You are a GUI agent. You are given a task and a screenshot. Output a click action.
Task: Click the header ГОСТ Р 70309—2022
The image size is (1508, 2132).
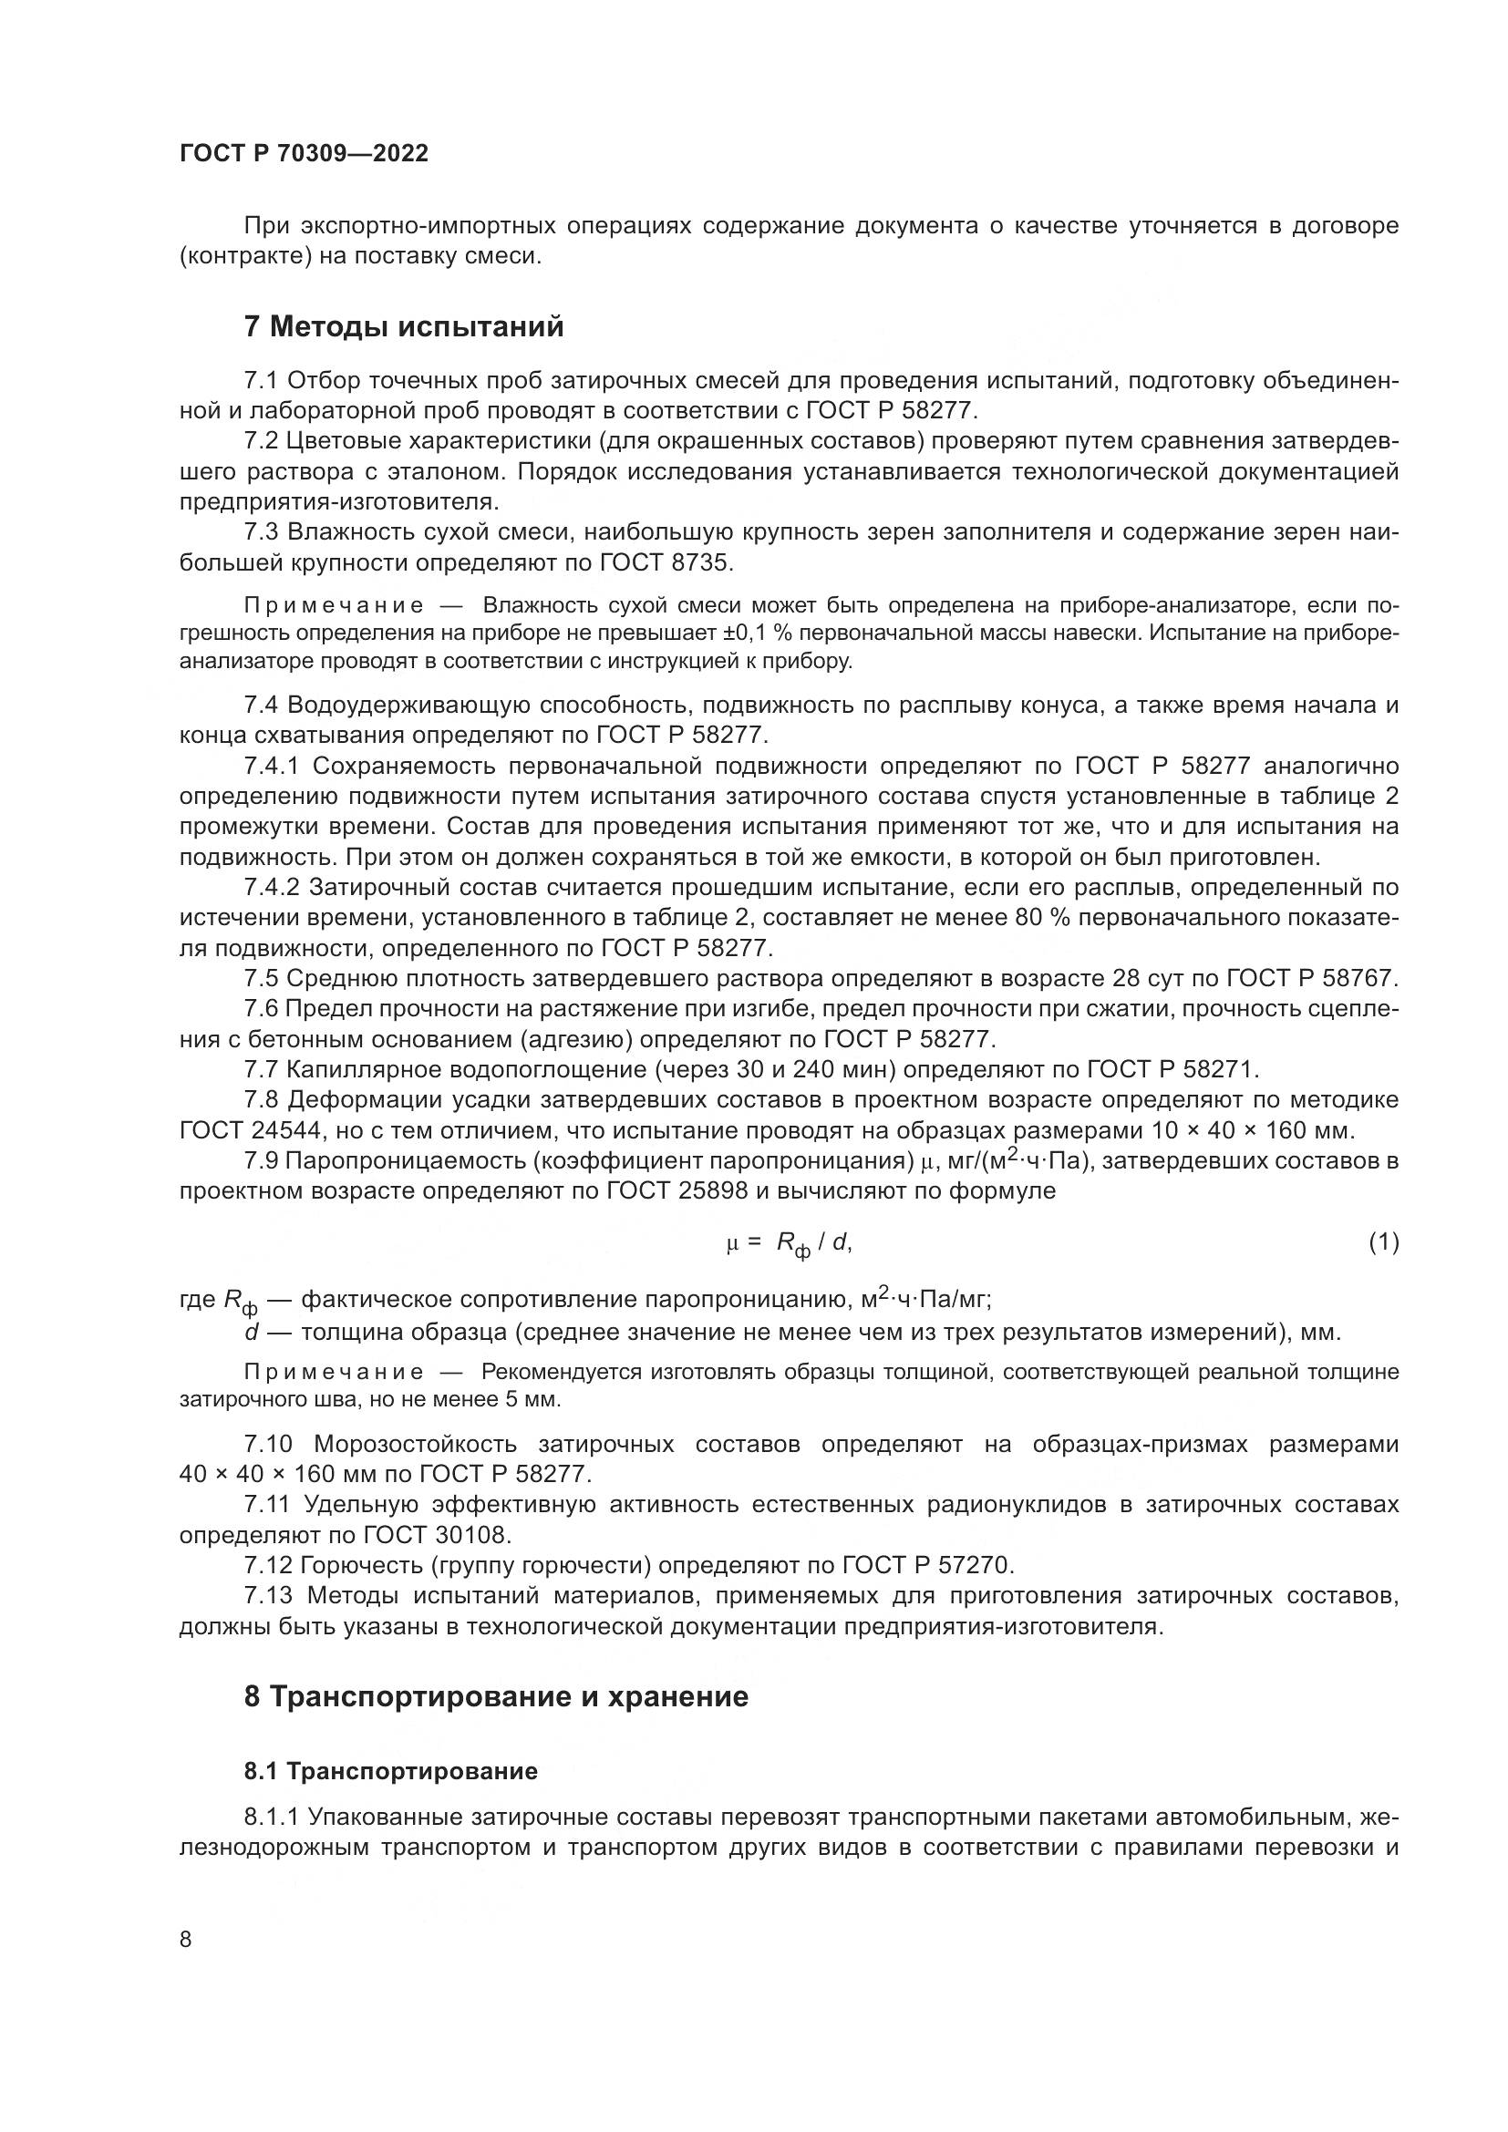pyautogui.click(x=304, y=154)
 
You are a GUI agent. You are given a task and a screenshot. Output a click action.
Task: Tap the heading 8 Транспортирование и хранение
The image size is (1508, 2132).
pyautogui.click(x=495, y=1696)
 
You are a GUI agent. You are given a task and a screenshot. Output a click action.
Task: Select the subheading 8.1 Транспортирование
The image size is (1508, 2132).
pyautogui.click(x=390, y=1771)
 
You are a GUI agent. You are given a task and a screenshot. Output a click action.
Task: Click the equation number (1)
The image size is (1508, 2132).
pyautogui.click(x=1383, y=1241)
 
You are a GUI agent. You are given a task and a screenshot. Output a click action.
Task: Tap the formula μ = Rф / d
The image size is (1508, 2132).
pyautogui.click(x=789, y=1243)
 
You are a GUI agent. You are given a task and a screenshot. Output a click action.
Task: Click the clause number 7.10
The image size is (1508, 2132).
pyautogui.click(x=267, y=1444)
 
